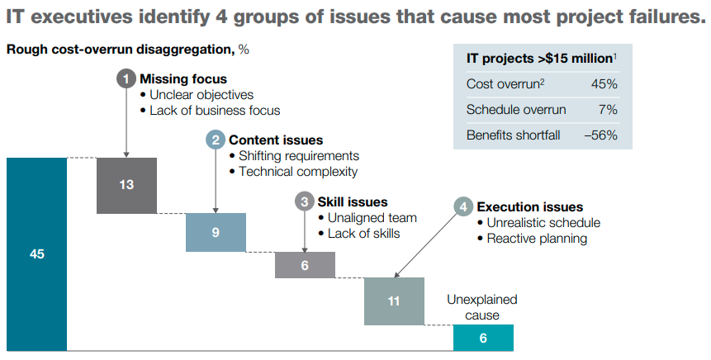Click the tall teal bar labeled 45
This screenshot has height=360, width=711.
[36, 254]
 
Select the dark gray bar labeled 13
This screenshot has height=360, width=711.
[126, 185]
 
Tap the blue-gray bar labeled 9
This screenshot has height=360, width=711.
[216, 232]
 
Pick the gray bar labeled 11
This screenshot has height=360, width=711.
[394, 301]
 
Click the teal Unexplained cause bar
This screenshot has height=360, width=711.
[483, 338]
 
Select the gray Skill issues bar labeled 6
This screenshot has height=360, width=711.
[305, 265]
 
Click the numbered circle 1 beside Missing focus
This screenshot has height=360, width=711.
[126, 79]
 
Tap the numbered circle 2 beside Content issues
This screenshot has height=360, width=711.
[216, 140]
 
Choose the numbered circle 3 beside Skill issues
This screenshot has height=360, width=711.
[305, 201]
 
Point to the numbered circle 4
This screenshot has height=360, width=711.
[463, 207]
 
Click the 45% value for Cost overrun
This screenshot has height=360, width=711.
[604, 84]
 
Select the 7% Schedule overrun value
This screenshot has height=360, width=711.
[609, 110]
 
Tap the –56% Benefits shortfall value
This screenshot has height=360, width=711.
[600, 135]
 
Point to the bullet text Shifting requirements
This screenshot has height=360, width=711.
[298, 156]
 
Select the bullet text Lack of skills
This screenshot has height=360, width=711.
[363, 234]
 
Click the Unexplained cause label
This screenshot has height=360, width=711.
[482, 307]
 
